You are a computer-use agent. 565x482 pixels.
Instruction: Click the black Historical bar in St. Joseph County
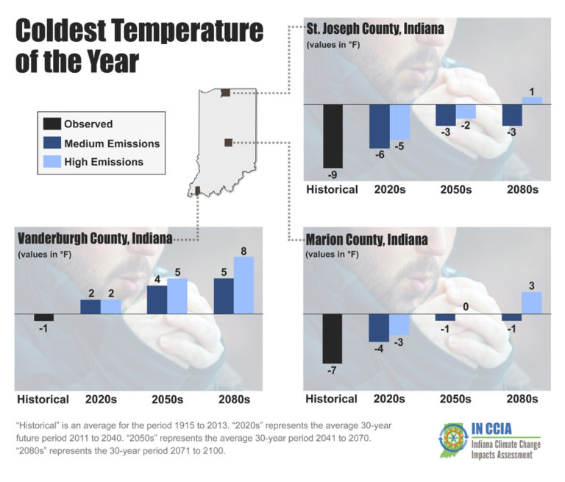[x=333, y=136]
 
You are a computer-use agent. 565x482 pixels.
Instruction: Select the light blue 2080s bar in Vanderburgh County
[x=244, y=285]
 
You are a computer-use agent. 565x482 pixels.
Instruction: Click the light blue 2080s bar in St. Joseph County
[x=532, y=101]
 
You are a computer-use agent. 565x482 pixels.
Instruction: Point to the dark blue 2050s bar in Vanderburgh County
[x=157, y=300]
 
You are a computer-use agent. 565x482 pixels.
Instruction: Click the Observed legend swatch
[x=52, y=124]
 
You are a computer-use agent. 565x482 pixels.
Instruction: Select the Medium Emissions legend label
[x=112, y=143]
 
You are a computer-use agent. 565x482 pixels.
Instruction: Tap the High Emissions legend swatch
[x=52, y=162]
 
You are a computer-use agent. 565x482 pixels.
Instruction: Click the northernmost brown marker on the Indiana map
[x=225, y=93]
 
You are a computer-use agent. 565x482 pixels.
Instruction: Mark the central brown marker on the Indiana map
[x=228, y=142]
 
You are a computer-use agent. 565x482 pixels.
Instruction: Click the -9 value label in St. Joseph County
[x=333, y=175]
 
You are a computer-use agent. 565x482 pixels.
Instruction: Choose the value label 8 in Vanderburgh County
[x=244, y=250]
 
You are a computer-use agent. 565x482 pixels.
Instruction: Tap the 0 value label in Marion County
[x=466, y=307]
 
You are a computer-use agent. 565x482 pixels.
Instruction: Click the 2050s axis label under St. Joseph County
[x=455, y=190]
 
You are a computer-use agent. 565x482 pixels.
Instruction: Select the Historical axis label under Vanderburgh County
[x=43, y=400]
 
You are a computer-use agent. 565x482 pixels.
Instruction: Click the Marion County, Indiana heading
[x=366, y=240]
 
